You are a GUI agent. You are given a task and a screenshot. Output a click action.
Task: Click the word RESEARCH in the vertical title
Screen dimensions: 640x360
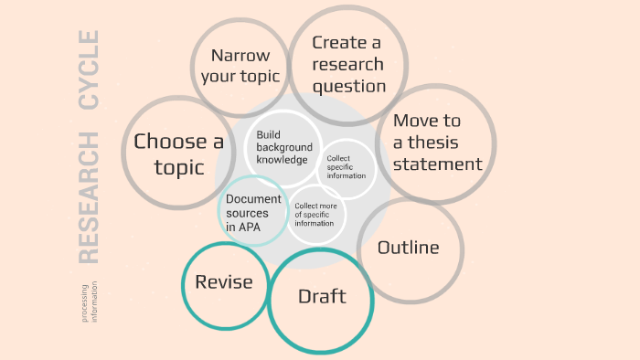(x=88, y=197)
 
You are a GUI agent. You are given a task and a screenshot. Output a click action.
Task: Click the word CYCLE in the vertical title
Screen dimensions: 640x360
(x=88, y=70)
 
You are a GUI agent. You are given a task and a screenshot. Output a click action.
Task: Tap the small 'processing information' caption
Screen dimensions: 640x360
(x=89, y=302)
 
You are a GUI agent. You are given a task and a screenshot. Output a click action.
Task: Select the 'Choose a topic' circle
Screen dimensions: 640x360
(x=178, y=154)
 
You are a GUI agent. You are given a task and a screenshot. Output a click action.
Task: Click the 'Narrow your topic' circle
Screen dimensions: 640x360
(x=240, y=66)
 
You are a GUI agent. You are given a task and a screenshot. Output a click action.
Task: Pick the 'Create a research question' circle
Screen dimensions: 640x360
(x=347, y=65)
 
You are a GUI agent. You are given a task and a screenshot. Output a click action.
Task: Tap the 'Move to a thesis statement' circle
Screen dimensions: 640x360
(x=436, y=143)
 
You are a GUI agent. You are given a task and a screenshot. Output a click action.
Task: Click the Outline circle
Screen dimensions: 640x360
(x=409, y=249)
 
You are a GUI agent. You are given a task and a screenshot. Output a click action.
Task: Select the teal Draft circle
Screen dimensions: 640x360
(x=322, y=298)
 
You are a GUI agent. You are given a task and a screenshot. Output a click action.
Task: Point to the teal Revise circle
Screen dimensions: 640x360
(x=224, y=283)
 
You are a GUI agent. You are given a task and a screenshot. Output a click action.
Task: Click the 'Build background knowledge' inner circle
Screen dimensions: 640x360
(x=283, y=147)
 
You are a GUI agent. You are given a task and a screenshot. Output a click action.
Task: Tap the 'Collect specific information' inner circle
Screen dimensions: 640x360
(x=346, y=167)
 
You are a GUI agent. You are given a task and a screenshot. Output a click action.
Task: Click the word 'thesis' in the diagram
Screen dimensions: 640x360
(x=435, y=143)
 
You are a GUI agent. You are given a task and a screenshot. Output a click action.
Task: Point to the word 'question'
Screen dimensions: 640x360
(x=349, y=87)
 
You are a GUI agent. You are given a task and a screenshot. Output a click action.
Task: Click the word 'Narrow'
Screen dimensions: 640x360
(x=240, y=56)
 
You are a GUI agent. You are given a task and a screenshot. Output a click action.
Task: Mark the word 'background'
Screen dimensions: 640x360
(x=283, y=147)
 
